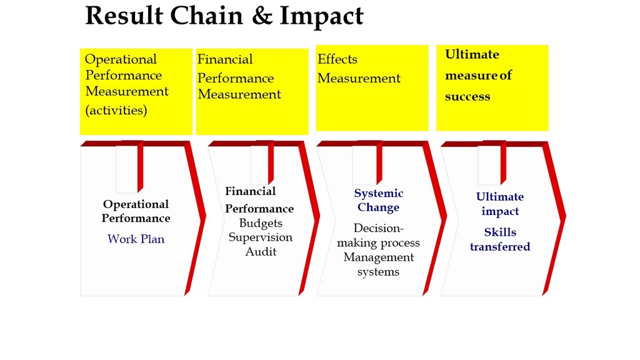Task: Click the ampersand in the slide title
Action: [x=262, y=16]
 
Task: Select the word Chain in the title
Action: [x=206, y=16]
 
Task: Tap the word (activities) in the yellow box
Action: [x=116, y=110]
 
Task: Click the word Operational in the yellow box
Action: [x=121, y=60]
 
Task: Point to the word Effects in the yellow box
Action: [x=337, y=59]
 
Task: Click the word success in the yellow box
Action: [x=467, y=97]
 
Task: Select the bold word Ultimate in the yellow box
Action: [x=472, y=54]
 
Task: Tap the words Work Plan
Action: [x=136, y=239]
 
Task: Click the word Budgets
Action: [x=261, y=223]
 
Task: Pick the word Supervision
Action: [x=261, y=237]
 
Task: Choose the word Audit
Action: [x=261, y=251]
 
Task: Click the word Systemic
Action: [x=379, y=194]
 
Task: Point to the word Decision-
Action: [x=378, y=227]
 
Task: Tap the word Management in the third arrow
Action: [x=379, y=257]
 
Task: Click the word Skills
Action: [x=501, y=232]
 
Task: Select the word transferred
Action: [x=500, y=246]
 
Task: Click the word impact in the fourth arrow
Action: [x=500, y=211]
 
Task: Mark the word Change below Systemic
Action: [x=378, y=207]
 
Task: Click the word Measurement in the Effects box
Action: [x=359, y=78]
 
